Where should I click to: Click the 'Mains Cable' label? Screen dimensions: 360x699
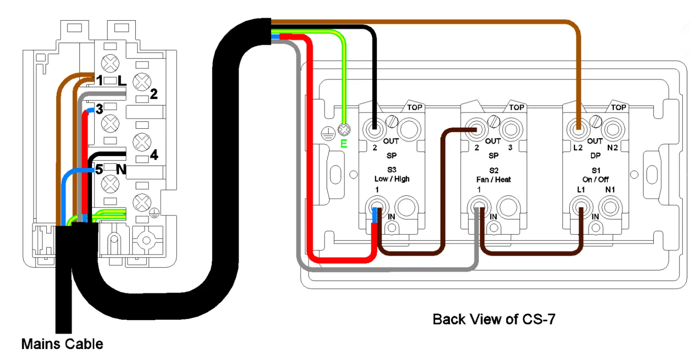62,344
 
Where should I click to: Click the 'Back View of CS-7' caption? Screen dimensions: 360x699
494,319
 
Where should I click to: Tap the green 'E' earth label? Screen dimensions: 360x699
344,144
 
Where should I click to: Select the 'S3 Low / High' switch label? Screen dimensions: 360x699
392,174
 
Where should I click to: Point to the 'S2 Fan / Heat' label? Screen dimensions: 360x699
493,175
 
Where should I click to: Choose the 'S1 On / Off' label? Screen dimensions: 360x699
596,175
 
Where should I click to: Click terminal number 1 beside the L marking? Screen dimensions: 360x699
100,81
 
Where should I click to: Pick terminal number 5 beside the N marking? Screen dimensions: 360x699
99,170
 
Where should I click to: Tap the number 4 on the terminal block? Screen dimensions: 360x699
154,155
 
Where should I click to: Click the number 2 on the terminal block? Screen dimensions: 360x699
154,94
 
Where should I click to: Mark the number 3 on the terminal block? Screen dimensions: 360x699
99,109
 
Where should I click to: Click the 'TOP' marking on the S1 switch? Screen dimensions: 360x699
618,107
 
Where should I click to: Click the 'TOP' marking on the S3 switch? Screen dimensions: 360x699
414,107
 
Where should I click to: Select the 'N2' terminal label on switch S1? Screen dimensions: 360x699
612,148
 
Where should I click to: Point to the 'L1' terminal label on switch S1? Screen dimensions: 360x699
581,189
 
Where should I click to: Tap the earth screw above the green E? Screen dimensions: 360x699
344,130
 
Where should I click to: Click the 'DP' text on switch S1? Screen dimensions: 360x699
595,156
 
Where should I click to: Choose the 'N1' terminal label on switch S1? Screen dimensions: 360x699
610,189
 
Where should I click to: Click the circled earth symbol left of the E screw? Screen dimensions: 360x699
328,133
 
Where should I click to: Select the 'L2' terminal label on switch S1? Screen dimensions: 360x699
578,148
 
